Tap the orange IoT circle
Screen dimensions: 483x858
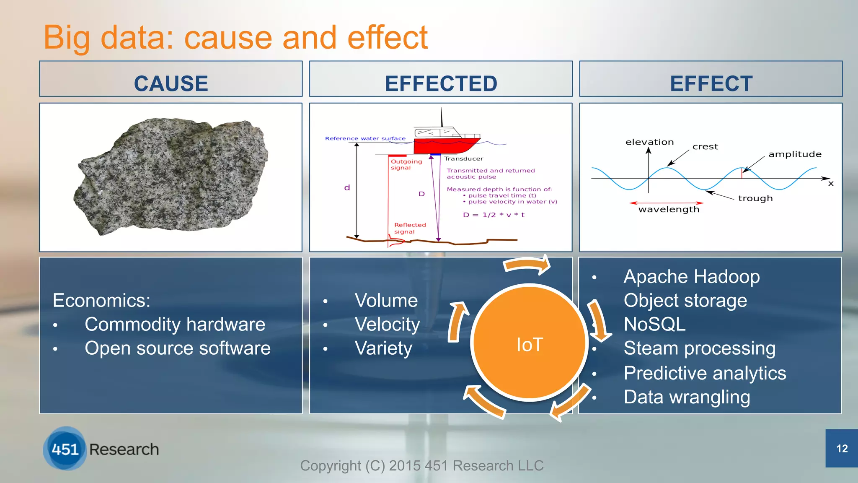coord(530,344)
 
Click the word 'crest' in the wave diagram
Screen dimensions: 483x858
coord(705,147)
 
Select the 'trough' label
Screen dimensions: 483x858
coord(755,198)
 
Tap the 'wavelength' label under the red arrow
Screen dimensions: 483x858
coord(669,209)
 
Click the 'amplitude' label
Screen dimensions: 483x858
coord(795,154)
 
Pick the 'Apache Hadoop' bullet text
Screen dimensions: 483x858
coord(691,277)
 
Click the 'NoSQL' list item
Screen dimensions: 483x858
coord(654,324)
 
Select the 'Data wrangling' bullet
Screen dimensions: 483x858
coord(687,397)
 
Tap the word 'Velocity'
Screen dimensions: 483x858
coord(387,324)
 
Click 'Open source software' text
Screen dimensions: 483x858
coord(177,348)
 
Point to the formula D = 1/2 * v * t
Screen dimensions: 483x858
coord(494,215)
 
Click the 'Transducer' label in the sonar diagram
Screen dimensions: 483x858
coord(463,158)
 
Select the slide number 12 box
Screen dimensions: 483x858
coord(841,448)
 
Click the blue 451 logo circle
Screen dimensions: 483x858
coord(65,449)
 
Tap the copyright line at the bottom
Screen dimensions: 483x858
coord(421,465)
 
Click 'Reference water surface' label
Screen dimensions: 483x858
coord(365,138)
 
